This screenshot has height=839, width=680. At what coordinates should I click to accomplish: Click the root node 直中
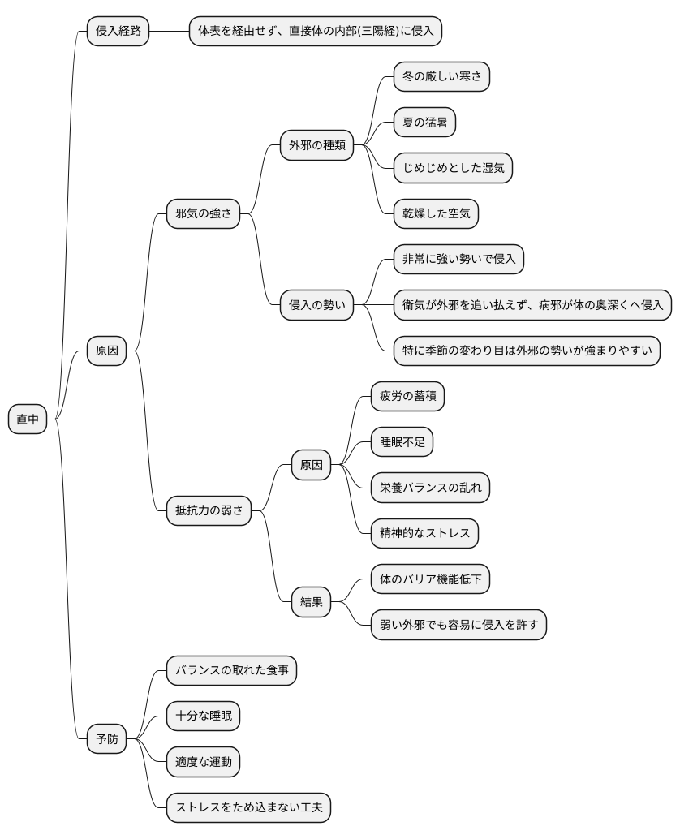tap(28, 419)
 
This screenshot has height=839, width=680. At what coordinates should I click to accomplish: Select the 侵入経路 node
tap(118, 32)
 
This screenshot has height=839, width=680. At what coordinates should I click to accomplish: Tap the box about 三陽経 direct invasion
tap(316, 32)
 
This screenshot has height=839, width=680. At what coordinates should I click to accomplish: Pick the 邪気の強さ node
tap(203, 214)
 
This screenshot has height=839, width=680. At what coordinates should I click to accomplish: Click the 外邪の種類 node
tap(317, 146)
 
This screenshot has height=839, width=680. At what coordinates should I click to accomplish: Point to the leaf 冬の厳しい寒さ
tap(441, 78)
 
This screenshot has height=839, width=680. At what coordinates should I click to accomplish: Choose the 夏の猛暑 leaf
tap(424, 123)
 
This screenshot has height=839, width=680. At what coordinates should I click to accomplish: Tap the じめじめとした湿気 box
tap(453, 169)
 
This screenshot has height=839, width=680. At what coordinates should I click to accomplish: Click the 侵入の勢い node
tap(317, 305)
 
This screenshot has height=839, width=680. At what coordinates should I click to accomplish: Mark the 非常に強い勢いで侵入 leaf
tap(458, 260)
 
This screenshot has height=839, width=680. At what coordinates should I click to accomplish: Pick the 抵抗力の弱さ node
tap(209, 510)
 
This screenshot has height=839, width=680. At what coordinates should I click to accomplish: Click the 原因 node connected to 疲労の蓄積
tap(312, 465)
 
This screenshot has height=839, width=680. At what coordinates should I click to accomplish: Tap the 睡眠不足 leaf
tap(402, 442)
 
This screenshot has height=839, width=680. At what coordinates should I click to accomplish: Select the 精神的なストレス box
tap(424, 533)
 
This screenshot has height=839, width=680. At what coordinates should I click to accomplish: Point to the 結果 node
tap(312, 601)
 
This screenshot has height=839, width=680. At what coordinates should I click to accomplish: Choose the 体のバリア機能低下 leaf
tap(430, 579)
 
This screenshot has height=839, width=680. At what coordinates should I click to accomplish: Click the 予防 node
tap(107, 738)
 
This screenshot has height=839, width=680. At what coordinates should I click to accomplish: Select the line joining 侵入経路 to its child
tap(170, 32)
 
